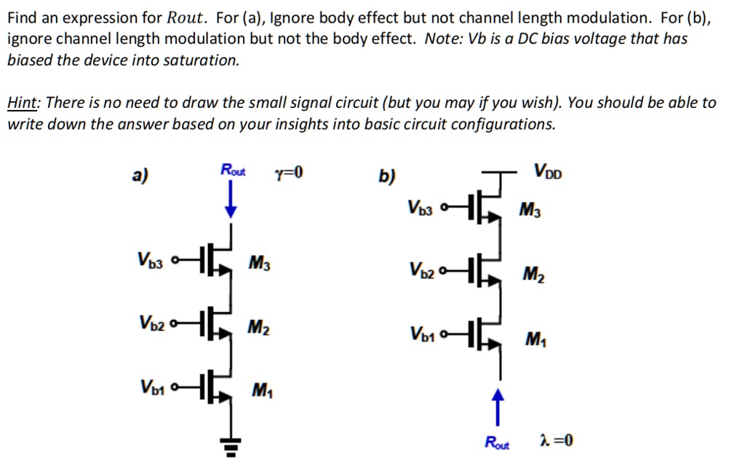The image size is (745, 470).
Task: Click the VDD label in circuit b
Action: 548,173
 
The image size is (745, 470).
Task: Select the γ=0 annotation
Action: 287,173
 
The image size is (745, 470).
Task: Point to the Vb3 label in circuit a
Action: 151,259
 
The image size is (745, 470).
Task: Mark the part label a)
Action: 139,176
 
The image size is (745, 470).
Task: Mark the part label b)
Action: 387,176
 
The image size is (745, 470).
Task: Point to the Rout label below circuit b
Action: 498,442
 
